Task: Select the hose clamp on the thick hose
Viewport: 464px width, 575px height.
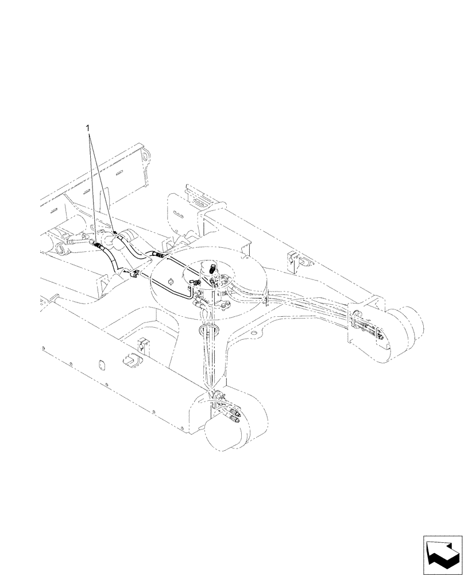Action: click(x=135, y=274)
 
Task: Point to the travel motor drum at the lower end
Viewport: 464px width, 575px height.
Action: click(x=227, y=430)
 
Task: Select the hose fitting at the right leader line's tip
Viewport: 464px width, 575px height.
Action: click(x=115, y=233)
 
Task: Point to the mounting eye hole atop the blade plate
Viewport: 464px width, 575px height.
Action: click(x=145, y=156)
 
